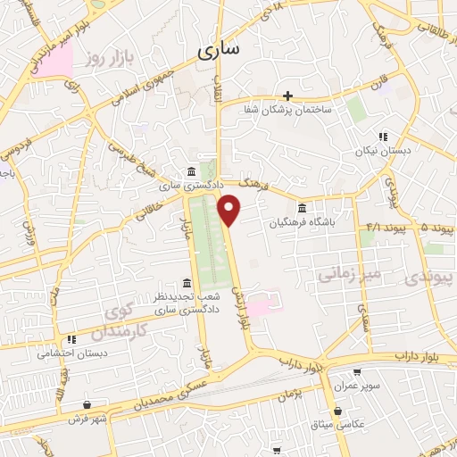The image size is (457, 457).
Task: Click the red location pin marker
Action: [x=230, y=209]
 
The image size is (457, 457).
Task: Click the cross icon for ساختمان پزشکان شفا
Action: [x=287, y=96]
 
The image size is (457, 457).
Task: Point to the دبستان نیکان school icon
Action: [x=383, y=137]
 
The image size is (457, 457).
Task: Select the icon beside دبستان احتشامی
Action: [x=71, y=339]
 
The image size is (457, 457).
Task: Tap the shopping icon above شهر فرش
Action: [x=87, y=404]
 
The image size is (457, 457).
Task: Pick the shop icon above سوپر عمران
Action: [x=358, y=373]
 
